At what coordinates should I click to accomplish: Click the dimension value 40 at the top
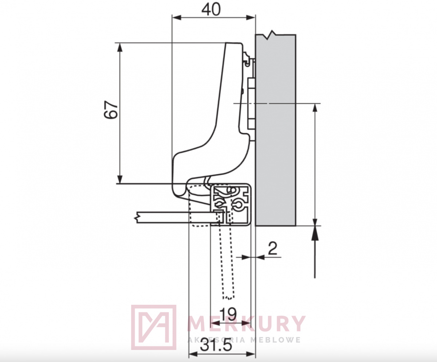211,9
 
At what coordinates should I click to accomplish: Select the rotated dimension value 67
111,110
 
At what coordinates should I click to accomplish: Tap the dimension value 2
272,248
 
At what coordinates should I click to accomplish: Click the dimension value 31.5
216,346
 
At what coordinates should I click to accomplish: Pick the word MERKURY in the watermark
246,324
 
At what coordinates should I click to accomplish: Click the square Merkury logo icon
154,328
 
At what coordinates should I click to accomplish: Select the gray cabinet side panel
275,130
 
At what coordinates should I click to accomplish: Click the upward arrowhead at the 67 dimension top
120,48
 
